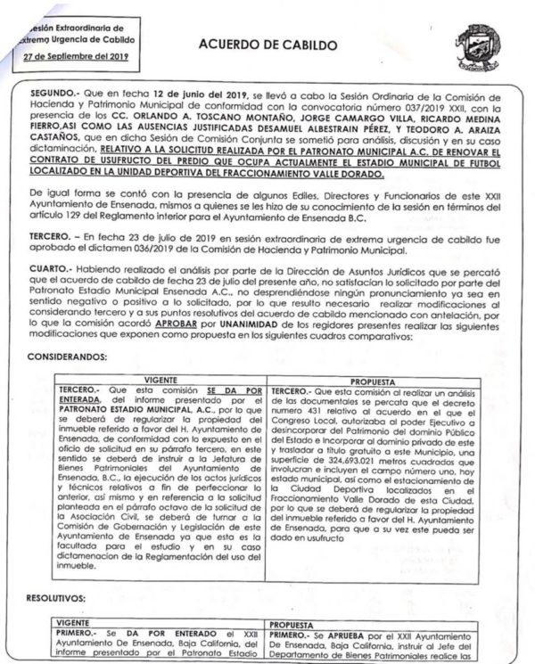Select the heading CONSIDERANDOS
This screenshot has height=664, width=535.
pyautogui.click(x=74, y=357)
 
